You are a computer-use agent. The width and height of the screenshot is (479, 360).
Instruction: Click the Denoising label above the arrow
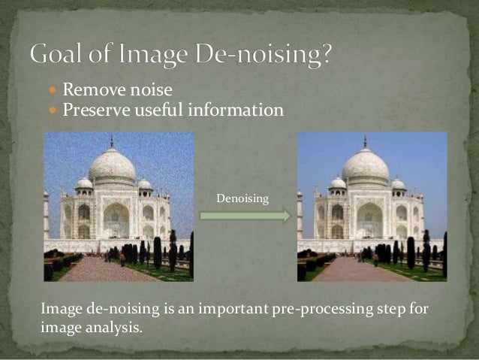[x=242, y=198]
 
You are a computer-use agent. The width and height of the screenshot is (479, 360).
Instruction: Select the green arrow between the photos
[x=245, y=216]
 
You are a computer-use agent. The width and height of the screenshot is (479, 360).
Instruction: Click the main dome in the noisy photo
[x=112, y=165]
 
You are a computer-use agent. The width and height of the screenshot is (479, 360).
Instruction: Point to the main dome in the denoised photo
[x=366, y=165]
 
